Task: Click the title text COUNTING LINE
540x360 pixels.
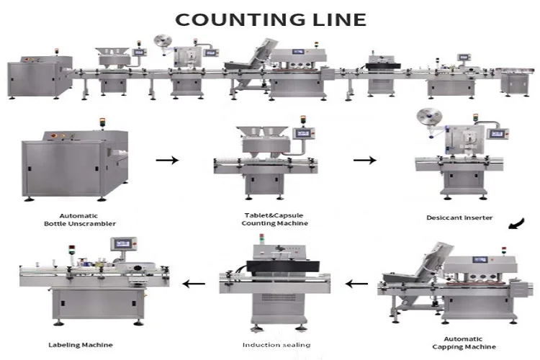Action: coord(270,18)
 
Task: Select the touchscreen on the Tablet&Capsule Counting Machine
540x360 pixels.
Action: coord(305,133)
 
